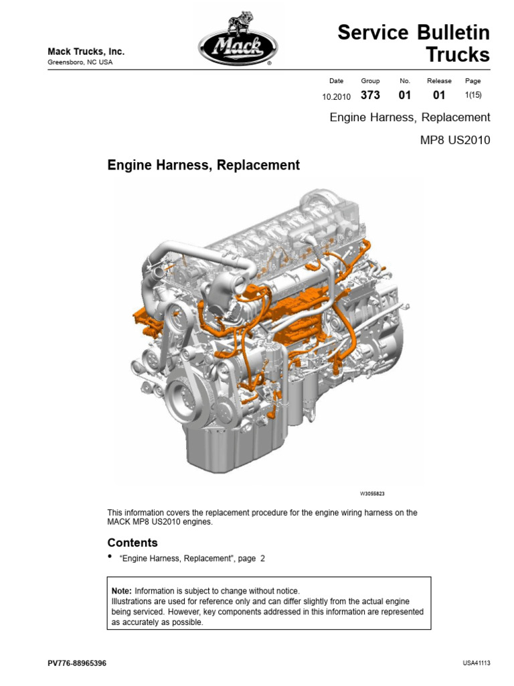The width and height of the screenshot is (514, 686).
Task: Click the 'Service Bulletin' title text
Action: click(414, 33)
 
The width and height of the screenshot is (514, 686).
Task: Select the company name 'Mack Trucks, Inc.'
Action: click(86, 52)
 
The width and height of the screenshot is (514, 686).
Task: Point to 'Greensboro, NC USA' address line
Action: click(80, 63)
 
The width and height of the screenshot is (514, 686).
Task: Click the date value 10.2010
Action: click(337, 96)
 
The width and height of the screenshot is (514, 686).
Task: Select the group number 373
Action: click(370, 96)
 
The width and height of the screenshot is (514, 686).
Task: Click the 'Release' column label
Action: click(439, 81)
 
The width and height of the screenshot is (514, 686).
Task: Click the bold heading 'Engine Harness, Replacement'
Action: click(203, 165)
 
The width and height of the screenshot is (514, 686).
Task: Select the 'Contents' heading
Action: click(133, 543)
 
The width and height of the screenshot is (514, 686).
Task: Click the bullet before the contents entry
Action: click(110, 557)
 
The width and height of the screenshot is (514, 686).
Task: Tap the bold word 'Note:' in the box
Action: click(122, 591)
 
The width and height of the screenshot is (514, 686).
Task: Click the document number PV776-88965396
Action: click(77, 663)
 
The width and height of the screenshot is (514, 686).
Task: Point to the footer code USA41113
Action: click(477, 663)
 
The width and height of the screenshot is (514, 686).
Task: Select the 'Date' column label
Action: click(337, 81)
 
